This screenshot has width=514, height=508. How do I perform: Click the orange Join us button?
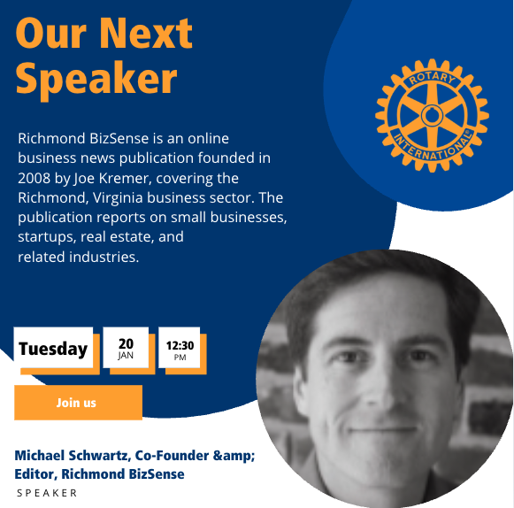77,403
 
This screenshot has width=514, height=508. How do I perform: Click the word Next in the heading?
146,33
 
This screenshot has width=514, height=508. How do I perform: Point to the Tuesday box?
53,349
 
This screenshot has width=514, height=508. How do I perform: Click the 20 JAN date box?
126,348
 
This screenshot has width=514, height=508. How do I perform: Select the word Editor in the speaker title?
35,474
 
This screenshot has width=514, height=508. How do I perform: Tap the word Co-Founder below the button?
171,456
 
